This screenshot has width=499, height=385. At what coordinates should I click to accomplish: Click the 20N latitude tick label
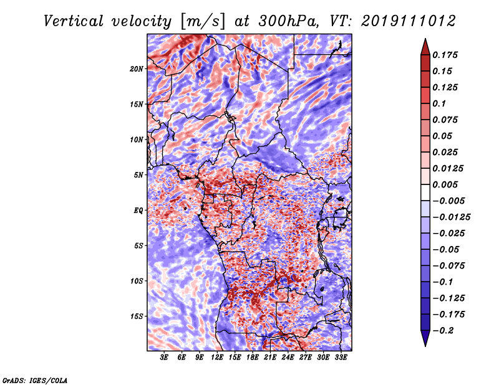tap(137, 69)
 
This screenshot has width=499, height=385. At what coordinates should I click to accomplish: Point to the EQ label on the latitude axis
tap(138, 211)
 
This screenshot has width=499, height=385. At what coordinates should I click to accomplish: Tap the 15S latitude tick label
tap(137, 316)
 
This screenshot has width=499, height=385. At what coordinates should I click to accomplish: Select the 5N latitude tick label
tap(138, 175)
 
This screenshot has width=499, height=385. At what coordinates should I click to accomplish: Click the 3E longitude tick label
tap(164, 358)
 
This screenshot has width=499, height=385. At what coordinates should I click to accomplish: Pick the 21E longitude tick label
tap(270, 358)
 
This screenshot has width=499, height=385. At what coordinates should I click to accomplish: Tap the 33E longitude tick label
tap(341, 358)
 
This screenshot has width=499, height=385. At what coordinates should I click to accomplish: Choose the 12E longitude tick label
tap(217, 358)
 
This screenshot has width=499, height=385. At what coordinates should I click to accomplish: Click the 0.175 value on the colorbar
tap(445, 55)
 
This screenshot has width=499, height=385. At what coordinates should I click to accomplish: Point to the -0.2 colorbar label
tap(443, 331)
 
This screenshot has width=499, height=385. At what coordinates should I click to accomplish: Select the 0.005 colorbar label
tap(445, 184)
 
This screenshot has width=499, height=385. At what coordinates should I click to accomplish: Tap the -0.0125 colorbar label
tap(452, 217)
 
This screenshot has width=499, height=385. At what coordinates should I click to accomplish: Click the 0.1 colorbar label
tap(439, 103)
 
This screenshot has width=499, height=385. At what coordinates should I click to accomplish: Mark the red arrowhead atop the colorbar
tap(425, 47)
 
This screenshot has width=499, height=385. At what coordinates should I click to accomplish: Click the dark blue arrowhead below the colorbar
tap(425, 338)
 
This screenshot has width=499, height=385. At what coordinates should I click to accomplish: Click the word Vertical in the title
tap(74, 21)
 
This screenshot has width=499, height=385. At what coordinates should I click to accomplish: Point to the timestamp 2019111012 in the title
tap(409, 21)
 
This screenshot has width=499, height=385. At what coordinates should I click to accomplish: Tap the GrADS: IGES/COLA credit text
tap(35, 381)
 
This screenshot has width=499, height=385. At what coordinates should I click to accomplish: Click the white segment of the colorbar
tap(425, 192)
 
